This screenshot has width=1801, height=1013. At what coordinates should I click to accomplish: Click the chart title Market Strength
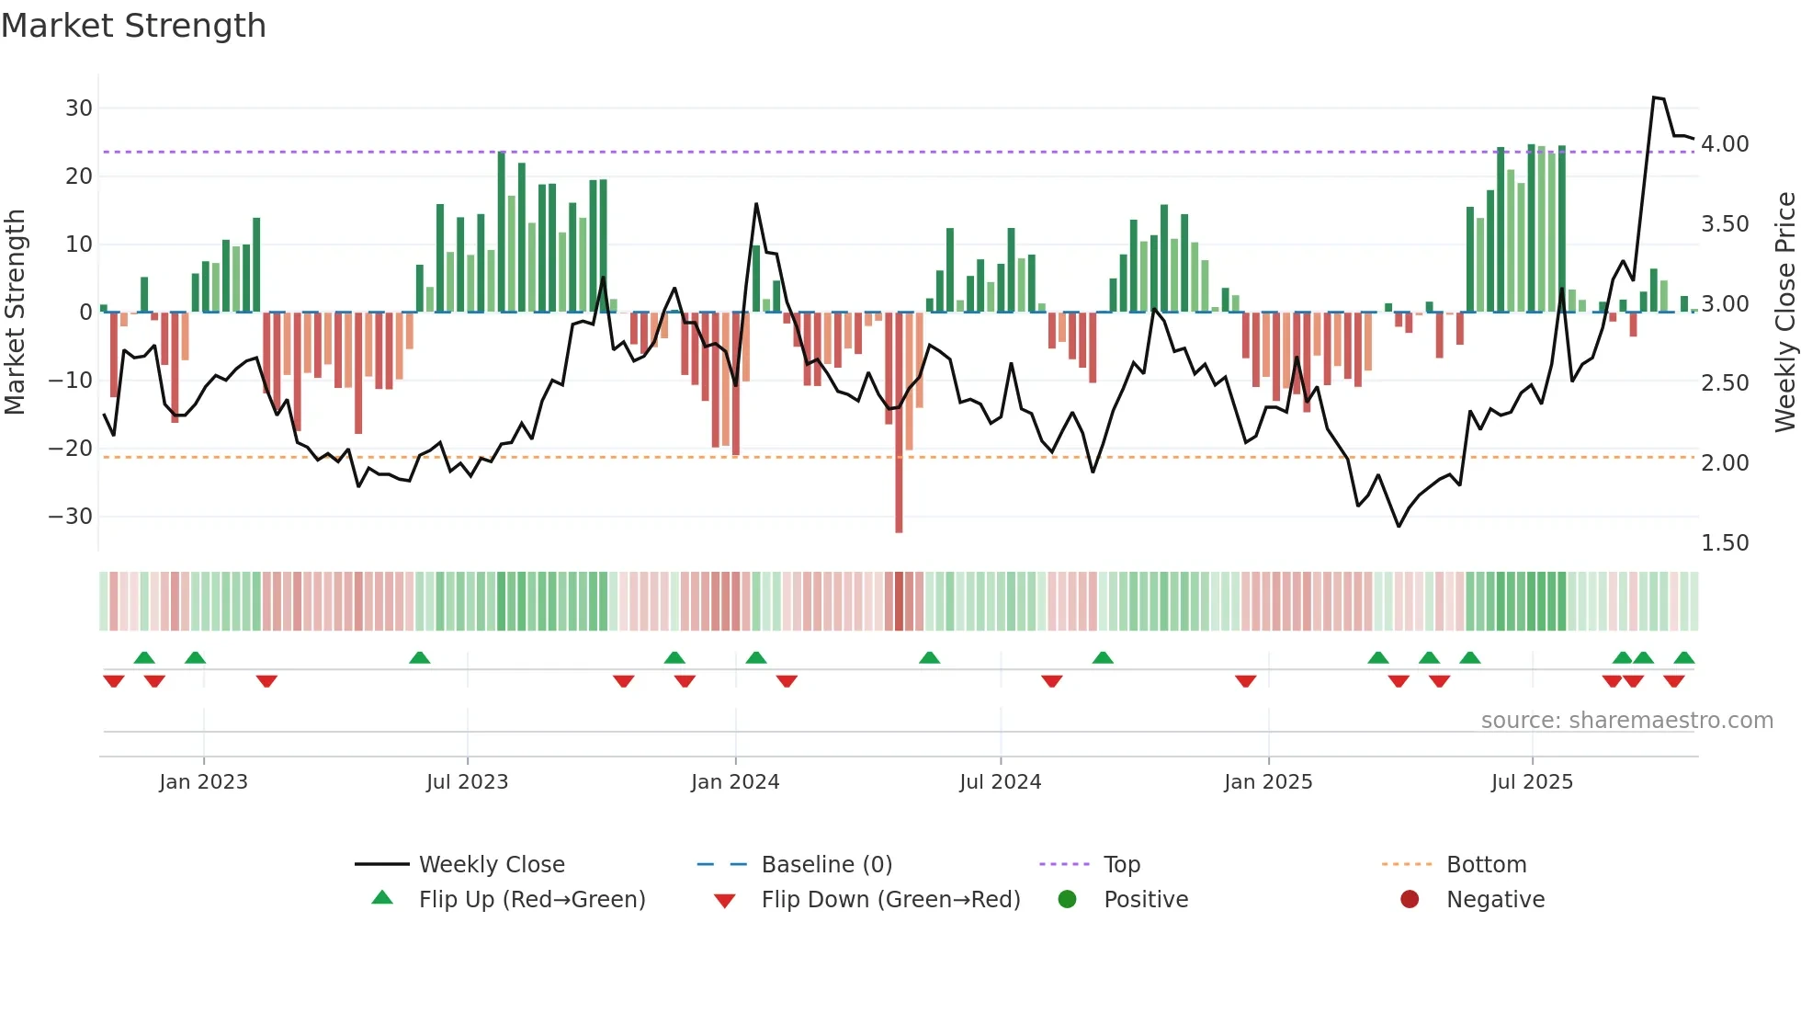[133, 26]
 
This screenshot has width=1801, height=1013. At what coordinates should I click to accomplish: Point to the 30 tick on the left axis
[79, 108]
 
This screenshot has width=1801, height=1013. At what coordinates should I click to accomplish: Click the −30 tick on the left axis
[72, 517]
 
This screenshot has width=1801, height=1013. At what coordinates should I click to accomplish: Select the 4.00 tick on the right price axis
[1725, 144]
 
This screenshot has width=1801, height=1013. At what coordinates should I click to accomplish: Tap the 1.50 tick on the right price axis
[1725, 543]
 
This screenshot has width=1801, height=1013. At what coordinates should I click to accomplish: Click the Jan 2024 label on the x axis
[735, 782]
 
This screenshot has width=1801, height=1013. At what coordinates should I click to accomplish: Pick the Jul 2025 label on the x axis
[1532, 782]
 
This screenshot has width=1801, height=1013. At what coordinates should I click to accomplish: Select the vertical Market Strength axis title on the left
[15, 313]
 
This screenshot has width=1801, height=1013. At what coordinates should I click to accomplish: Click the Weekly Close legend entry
[492, 865]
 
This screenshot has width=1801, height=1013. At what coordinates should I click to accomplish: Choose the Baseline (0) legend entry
[826, 865]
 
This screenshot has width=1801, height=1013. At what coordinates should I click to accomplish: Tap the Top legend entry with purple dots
[1121, 865]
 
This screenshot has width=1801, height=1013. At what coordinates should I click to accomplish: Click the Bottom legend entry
[1486, 865]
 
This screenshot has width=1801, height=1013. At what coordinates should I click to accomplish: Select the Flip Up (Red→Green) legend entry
[532, 900]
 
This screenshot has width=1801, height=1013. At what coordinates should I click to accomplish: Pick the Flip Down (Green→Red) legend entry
[890, 900]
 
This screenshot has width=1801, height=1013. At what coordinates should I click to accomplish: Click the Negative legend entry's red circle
[1410, 899]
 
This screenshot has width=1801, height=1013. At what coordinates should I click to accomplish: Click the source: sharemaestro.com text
[1626, 721]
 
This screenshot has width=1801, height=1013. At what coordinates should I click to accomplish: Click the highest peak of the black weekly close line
[1654, 97]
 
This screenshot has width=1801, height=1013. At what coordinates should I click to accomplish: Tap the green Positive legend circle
[1067, 899]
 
